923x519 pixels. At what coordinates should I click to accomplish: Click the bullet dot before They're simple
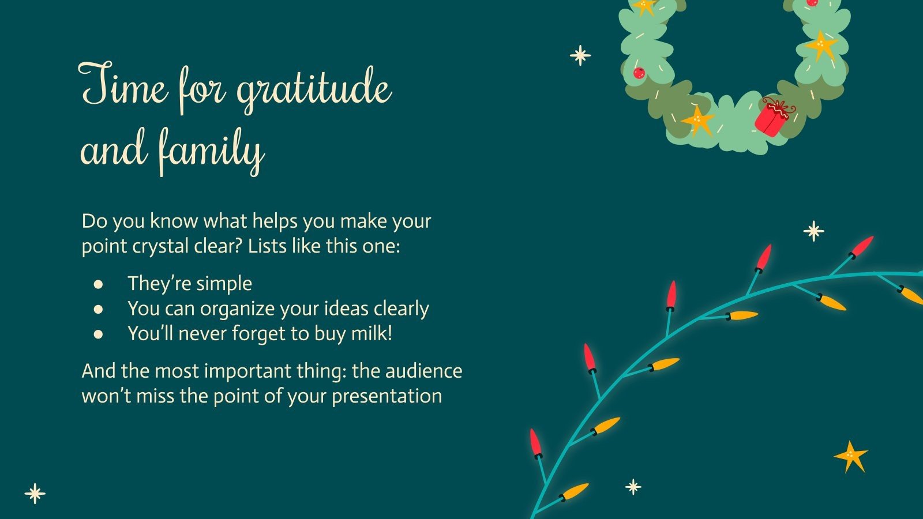pyautogui.click(x=99, y=284)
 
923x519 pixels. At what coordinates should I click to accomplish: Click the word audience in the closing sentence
pyautogui.click(x=423, y=370)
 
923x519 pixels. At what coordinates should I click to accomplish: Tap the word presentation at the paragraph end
pyautogui.click(x=387, y=396)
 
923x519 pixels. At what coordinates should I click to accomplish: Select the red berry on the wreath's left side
pyautogui.click(x=639, y=73)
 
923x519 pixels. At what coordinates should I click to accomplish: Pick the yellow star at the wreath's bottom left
pyautogui.click(x=697, y=120)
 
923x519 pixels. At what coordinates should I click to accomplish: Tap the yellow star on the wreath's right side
pyautogui.click(x=821, y=45)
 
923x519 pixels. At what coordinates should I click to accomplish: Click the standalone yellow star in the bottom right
pyautogui.click(x=851, y=457)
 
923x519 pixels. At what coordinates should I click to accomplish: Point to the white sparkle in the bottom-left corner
pyautogui.click(x=35, y=494)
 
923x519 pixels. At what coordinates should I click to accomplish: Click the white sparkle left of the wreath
pyautogui.click(x=580, y=55)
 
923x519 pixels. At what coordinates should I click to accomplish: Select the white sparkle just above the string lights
pyautogui.click(x=813, y=231)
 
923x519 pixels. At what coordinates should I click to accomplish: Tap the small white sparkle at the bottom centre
pyautogui.click(x=633, y=487)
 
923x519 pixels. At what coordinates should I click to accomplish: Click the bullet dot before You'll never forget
pyautogui.click(x=99, y=334)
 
